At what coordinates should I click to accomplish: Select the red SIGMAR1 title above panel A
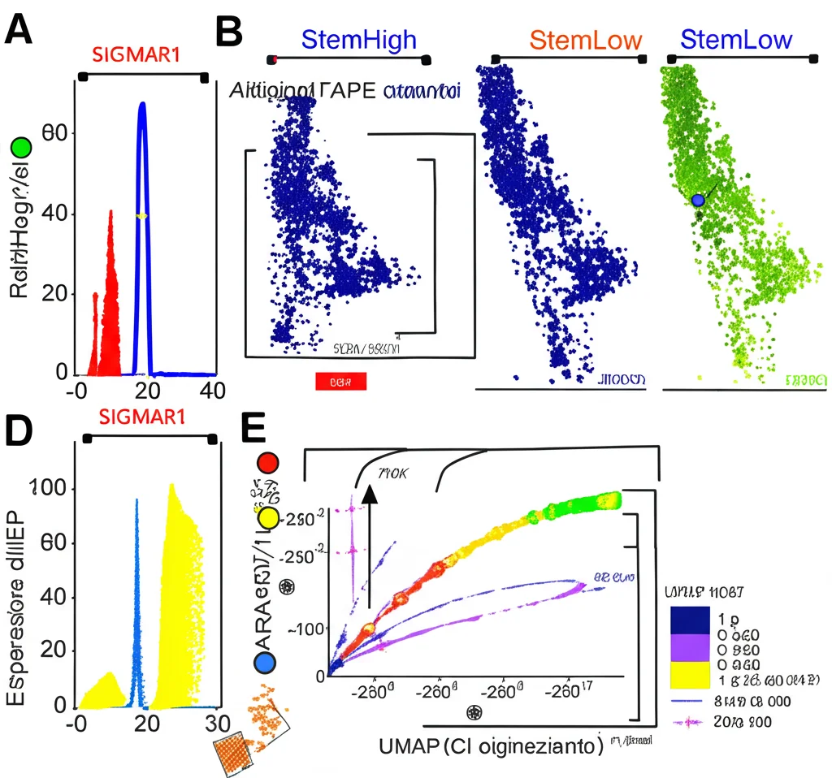pos(136,55)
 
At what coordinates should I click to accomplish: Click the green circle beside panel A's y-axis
pos(19,148)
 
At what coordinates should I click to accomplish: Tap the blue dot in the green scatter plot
pos(697,200)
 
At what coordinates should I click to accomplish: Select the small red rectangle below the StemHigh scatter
pos(340,380)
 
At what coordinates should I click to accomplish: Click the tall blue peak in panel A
pos(142,162)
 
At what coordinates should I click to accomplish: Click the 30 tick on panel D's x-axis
pos(215,724)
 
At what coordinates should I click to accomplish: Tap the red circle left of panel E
pos(268,463)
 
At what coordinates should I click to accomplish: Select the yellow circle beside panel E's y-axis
pos(269,519)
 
